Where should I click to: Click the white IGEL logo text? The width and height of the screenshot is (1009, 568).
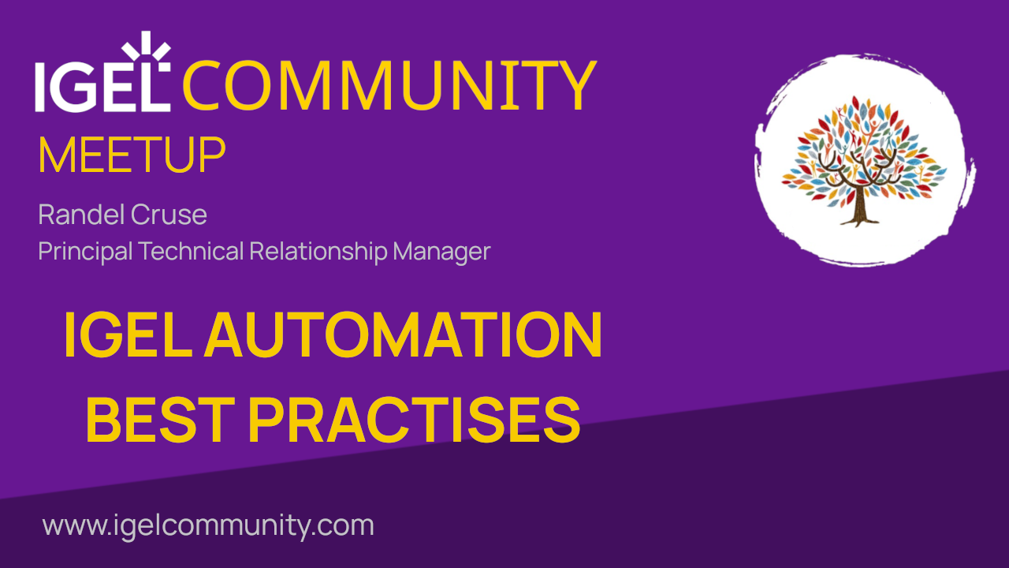(x=101, y=84)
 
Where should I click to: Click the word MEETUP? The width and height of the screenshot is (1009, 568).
(x=132, y=156)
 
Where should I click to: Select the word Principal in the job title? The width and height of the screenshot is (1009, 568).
(x=86, y=252)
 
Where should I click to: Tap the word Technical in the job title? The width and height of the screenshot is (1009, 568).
(x=192, y=252)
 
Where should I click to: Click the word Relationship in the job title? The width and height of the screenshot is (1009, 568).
(x=318, y=252)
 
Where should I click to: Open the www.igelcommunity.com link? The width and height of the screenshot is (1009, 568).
(x=208, y=525)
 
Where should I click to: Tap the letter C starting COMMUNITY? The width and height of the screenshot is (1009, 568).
(x=206, y=85)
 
